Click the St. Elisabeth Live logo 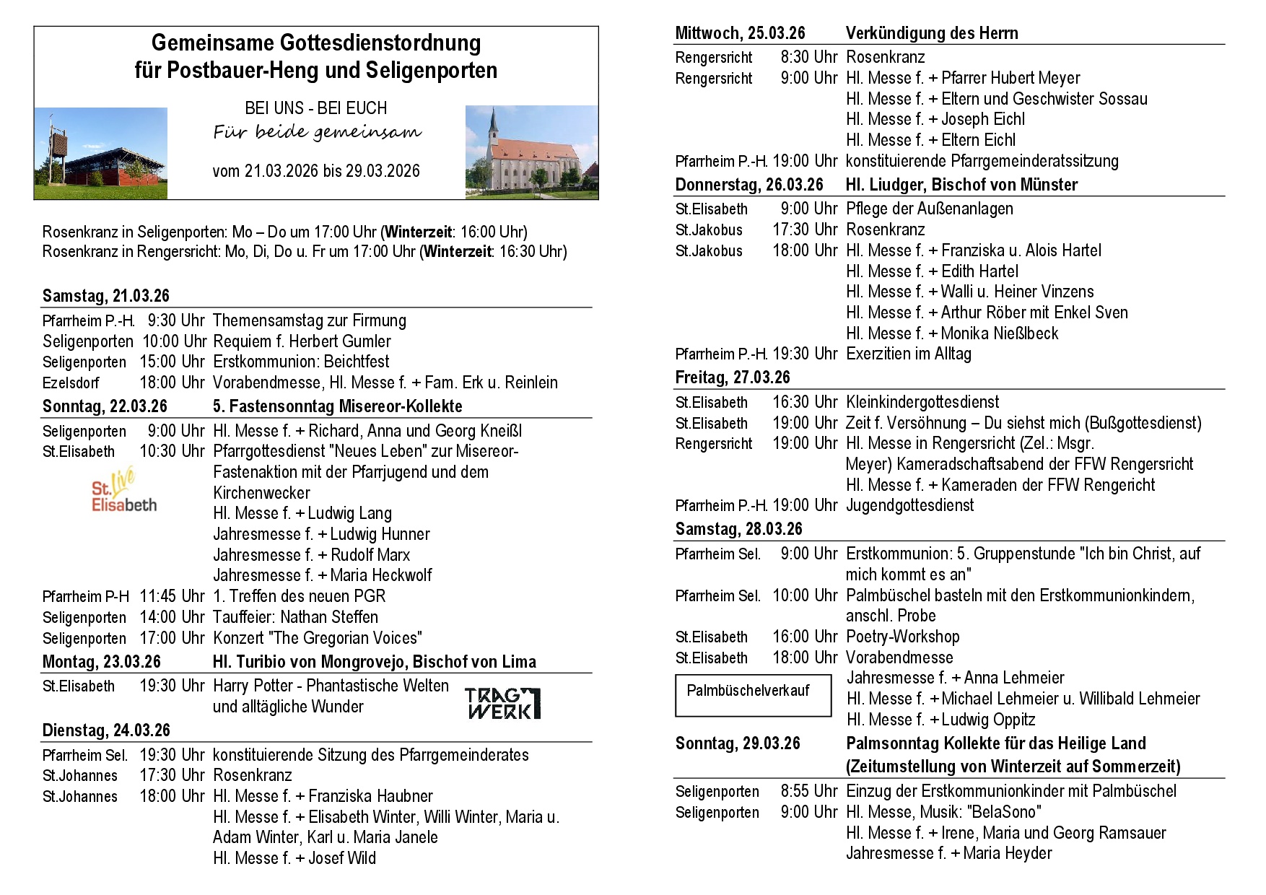pos(123,490)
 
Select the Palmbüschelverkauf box pos(753,695)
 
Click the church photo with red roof pos(531,152)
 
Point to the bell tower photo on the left pos(100,153)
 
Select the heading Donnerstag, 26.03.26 pos(749,185)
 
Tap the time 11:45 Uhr pos(173,596)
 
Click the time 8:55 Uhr pos(809,791)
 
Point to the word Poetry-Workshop pos(902,637)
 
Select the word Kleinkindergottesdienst pos(922,402)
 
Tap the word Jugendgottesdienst pos(909,505)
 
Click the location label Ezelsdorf pos(71,383)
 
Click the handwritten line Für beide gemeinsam pos(317,132)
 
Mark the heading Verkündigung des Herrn pos(932,33)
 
